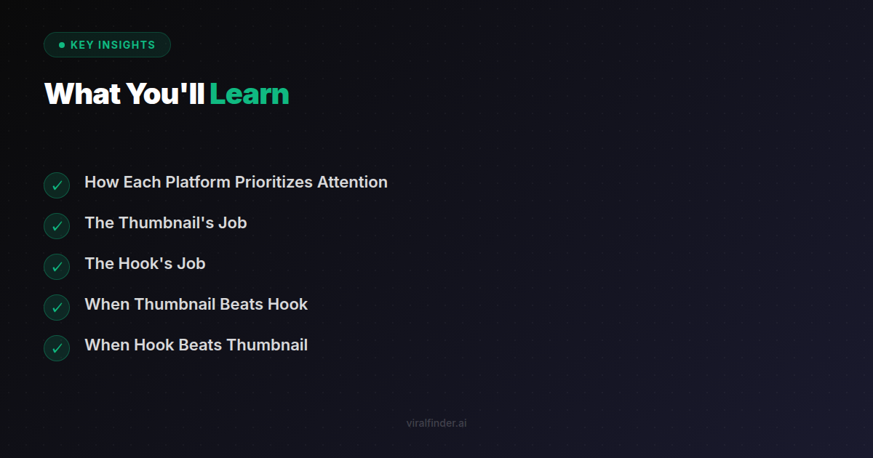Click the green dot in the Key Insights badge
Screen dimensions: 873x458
62,45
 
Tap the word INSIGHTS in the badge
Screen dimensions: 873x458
127,45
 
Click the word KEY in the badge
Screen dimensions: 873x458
81,45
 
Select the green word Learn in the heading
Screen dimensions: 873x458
250,95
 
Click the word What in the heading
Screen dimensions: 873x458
83,95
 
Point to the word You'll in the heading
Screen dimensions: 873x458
166,95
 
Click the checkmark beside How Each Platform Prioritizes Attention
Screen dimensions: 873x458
57,185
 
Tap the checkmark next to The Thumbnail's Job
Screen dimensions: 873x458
57,226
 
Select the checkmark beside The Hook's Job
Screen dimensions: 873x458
57,267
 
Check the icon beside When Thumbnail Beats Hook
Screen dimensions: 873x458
57,308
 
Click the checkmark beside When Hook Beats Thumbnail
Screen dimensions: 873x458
57,348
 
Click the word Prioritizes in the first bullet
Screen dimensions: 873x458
274,182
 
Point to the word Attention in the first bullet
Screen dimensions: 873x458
352,182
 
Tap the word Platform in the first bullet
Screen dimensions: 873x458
198,182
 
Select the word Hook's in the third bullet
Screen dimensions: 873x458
145,264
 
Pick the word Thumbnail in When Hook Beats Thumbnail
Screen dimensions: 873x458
267,345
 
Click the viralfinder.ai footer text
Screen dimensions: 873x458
436,423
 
